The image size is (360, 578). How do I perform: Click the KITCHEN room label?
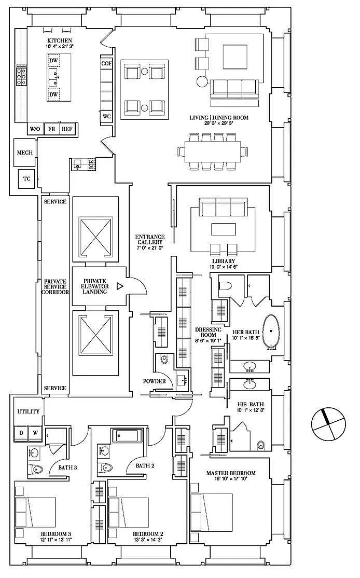(x=59, y=40)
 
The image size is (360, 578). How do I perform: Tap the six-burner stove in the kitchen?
(x=21, y=76)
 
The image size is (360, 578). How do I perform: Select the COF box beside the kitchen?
(x=106, y=63)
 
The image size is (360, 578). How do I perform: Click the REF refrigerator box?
(x=67, y=129)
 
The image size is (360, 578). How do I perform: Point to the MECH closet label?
(x=25, y=153)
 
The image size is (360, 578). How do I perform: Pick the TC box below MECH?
(x=27, y=179)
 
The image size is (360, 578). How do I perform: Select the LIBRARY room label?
(x=224, y=262)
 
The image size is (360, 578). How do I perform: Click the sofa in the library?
(x=223, y=208)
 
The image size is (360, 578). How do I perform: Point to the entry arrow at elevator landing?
(x=119, y=286)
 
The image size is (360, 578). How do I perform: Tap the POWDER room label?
(x=155, y=381)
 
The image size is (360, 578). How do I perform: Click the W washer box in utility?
(x=35, y=433)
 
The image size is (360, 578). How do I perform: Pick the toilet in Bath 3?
(x=37, y=469)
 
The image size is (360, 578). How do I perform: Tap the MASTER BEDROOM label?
(x=231, y=473)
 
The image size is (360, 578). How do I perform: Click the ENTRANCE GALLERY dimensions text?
(x=150, y=248)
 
